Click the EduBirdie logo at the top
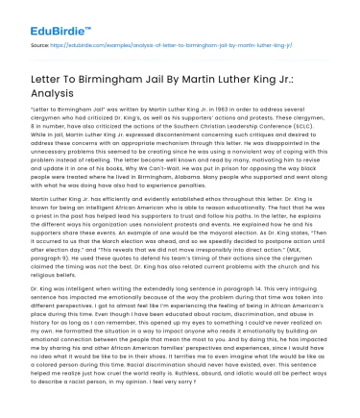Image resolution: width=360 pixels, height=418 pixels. point(44,18)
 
